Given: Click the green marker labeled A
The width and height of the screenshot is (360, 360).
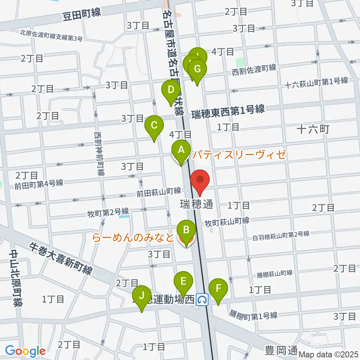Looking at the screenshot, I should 181,151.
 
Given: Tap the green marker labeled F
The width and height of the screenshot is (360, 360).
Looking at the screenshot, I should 218,289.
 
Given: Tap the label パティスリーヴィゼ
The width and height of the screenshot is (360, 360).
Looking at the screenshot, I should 239,154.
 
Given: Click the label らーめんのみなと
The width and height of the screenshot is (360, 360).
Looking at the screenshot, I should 133,238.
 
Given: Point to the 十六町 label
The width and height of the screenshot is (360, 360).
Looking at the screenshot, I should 313,130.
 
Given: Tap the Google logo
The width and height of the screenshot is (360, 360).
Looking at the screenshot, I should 25,351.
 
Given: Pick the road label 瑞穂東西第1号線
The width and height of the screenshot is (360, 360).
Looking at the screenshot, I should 228,111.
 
